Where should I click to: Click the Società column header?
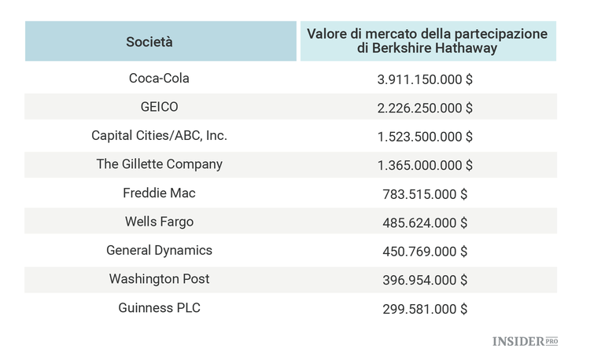tap(160, 42)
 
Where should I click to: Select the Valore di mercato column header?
tap(427, 42)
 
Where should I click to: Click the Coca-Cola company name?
tap(160, 79)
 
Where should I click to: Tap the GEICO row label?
tap(160, 107)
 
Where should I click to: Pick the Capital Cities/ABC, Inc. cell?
tap(160, 136)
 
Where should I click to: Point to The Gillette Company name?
tap(160, 164)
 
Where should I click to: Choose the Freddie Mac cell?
tap(160, 193)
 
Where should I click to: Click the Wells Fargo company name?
tap(160, 222)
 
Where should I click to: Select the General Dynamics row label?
tap(160, 251)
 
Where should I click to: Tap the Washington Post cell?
tap(160, 279)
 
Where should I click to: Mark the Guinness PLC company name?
tap(160, 308)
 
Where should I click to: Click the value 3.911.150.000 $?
tap(425, 79)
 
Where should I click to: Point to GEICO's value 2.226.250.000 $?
tap(425, 108)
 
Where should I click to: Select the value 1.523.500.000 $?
tap(425, 137)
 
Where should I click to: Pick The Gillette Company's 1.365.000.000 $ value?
tap(425, 165)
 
